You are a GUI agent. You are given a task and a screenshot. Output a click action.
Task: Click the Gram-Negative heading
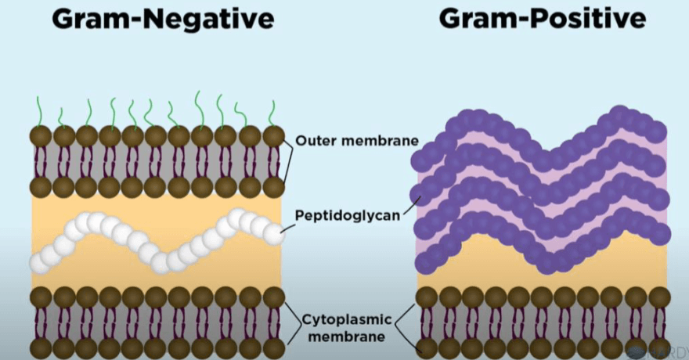(163, 19)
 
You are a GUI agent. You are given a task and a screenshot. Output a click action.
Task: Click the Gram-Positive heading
(543, 19)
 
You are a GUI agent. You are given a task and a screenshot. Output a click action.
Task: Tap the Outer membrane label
(357, 141)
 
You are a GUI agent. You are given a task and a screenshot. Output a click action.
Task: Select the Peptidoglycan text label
(348, 215)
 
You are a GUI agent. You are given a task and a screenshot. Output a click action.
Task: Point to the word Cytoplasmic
(347, 319)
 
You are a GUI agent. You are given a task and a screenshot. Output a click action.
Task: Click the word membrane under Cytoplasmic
(347, 337)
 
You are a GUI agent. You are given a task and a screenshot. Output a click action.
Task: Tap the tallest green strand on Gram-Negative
(200, 110)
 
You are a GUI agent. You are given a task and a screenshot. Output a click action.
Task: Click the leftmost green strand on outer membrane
(40, 112)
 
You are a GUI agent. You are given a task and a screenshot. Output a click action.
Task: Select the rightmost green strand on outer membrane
(272, 114)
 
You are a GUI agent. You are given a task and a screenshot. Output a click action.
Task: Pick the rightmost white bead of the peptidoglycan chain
(273, 235)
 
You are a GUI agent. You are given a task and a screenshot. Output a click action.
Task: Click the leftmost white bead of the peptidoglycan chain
(41, 264)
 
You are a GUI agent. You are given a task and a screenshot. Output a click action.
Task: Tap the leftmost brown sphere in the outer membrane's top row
(41, 136)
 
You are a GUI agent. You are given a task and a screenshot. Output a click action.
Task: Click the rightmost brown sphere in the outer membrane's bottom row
(273, 187)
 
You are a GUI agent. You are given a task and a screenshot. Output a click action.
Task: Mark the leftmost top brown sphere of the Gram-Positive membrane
(427, 297)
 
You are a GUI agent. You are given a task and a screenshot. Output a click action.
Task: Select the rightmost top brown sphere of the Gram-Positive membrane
(659, 297)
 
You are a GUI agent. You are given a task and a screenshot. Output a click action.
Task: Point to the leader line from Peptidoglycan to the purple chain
(412, 206)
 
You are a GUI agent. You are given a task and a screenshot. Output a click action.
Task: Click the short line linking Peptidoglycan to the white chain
(288, 229)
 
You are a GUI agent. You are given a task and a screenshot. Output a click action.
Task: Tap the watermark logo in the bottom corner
(658, 352)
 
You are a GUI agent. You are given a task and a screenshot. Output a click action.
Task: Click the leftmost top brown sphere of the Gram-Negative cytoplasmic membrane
(41, 297)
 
